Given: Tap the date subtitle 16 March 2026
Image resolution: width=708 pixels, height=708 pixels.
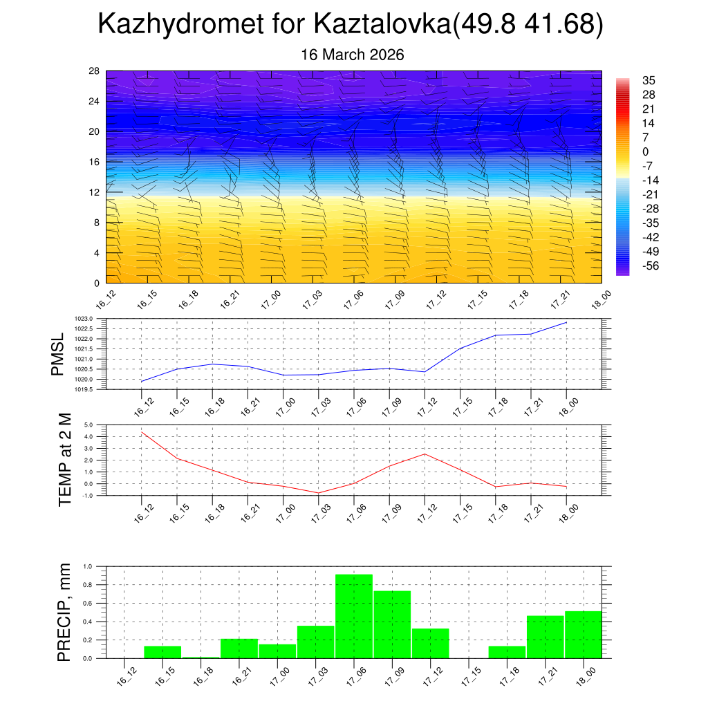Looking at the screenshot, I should pos(353,55).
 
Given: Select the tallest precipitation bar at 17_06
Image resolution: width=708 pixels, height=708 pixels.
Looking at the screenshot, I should pos(354,616).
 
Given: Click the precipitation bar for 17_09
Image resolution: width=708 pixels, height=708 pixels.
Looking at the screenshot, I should pos(392,624).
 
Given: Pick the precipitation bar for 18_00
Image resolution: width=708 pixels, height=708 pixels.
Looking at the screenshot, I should pos(583,635).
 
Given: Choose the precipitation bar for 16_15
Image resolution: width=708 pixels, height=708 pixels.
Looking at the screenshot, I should pos(162,652).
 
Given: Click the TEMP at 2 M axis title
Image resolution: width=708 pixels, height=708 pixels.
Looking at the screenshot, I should pos(65,460).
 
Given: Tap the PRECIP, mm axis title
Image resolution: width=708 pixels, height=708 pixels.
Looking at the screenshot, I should pos(64,612).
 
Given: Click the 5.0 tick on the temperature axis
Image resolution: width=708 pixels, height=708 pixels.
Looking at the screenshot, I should pos(88,425).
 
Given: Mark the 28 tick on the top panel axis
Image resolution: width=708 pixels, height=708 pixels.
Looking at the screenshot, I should pos(94,71).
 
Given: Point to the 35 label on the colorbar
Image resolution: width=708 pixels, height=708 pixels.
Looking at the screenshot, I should pos(649,80).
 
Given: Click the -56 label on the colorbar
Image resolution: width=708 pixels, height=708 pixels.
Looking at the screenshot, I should pos(649,266).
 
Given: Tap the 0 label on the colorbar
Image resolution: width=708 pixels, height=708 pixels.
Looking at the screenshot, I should pos(646,152).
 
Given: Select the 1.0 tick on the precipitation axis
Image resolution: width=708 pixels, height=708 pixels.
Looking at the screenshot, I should pos(88,566).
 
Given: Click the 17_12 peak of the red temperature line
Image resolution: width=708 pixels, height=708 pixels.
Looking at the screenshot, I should pos(425,454).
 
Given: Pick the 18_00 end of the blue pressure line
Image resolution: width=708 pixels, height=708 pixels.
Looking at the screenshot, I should pos(567,322).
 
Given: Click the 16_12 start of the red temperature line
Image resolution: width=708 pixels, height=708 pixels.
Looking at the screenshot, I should pos(142,432).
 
